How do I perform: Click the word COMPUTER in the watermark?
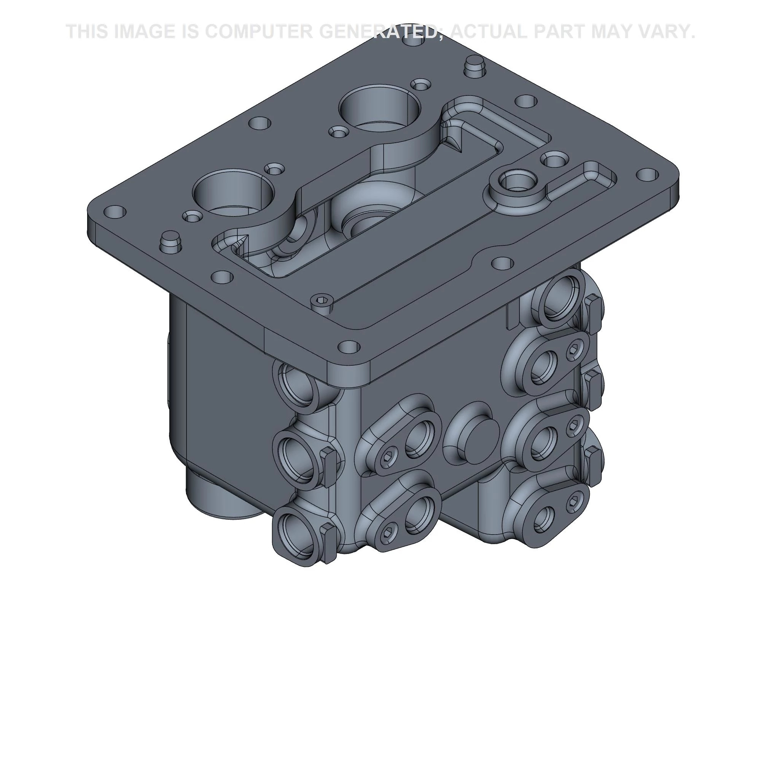258,32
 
